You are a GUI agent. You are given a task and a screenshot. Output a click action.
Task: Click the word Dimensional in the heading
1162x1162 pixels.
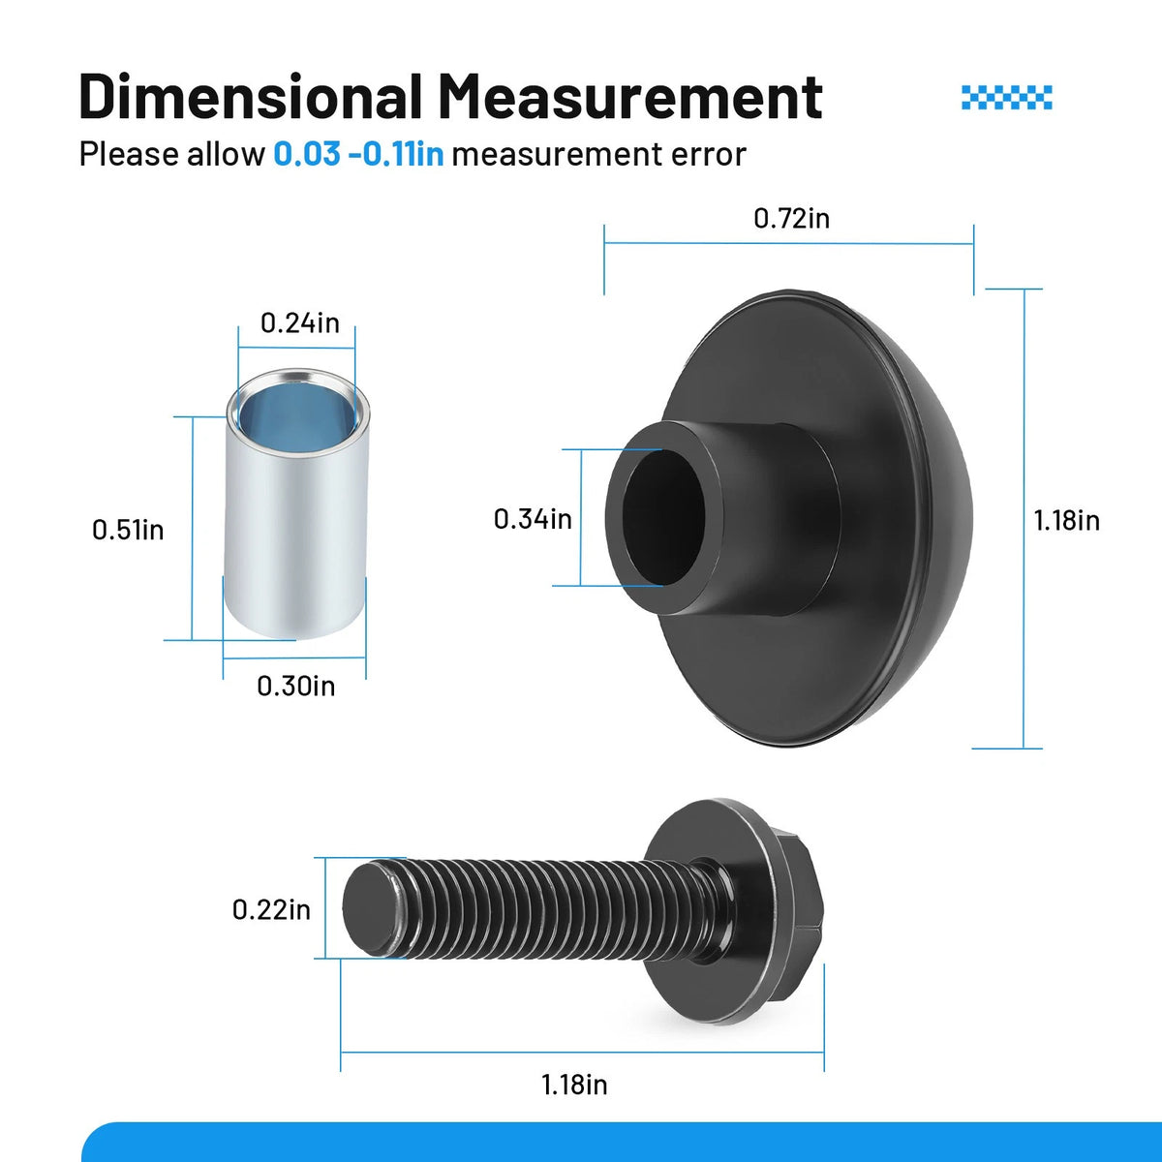tap(250, 97)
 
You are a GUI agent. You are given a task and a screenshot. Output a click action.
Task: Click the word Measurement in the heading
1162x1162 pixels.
tap(630, 97)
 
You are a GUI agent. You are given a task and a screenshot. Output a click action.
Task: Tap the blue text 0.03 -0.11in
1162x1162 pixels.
tap(358, 154)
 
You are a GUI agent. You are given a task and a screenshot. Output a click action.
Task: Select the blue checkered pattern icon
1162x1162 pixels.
tap(1006, 98)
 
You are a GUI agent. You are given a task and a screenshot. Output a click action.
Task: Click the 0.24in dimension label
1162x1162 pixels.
tap(299, 323)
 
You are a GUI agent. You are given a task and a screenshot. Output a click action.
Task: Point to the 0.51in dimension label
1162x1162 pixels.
tap(128, 530)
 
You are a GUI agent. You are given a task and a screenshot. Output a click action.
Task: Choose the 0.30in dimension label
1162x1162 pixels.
tap(295, 687)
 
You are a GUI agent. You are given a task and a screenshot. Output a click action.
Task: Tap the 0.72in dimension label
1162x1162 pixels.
tap(791, 218)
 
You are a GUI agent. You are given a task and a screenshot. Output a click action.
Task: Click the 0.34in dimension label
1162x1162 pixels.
tap(533, 519)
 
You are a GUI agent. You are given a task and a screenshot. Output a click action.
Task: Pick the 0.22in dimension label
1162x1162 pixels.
tap(271, 910)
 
